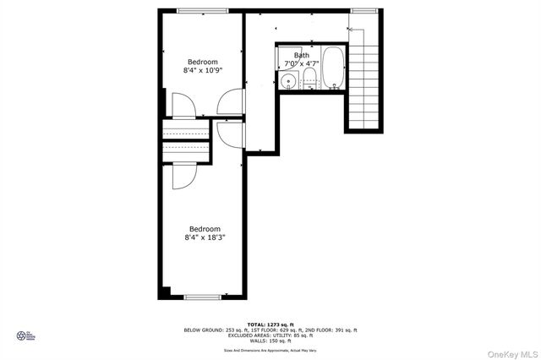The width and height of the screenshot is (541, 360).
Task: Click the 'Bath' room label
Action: coord(302,55)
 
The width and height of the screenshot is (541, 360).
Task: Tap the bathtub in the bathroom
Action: coord(333,67)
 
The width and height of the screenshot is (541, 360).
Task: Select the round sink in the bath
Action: coord(289,81)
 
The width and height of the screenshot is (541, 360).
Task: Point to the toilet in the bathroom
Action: coord(309,83)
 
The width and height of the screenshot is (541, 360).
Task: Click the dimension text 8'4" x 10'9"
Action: coord(203,71)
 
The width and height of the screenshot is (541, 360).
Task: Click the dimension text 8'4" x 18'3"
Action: coord(204,237)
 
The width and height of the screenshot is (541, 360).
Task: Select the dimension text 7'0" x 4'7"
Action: coord(302,63)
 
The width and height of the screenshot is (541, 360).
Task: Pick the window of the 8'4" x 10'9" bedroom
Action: coord(202,10)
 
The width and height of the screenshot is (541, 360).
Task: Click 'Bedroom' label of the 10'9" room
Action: coord(203,62)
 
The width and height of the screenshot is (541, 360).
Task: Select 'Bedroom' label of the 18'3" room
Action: coord(204,228)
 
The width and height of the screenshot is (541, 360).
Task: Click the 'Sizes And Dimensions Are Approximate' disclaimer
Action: coord(270,349)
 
